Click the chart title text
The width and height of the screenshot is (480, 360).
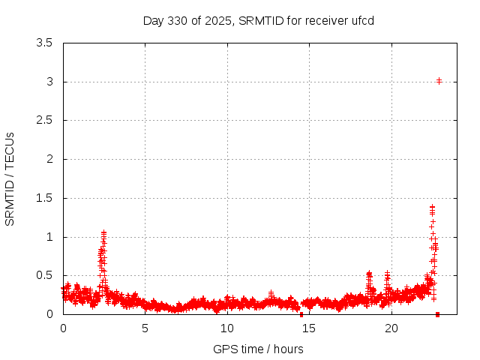click(259, 20)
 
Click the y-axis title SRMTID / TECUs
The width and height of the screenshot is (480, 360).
click(10, 178)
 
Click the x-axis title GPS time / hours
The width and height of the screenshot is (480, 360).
click(258, 349)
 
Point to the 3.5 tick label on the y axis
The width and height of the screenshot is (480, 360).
click(45, 43)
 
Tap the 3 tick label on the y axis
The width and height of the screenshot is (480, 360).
click(49, 82)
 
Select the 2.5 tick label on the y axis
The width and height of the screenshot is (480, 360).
click(45, 120)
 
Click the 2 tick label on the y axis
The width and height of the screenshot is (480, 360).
click(49, 159)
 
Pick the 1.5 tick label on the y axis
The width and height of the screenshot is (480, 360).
click(45, 198)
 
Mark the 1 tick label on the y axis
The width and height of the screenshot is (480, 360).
click(49, 237)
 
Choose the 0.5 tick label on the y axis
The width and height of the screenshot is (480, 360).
click(45, 275)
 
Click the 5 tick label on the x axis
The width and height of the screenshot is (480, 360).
click(145, 328)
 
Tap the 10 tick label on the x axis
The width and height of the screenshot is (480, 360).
click(227, 328)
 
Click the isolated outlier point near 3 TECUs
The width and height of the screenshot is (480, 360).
click(439, 80)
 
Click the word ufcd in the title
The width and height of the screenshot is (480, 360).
click(363, 20)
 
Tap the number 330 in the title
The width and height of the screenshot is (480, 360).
click(180, 20)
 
